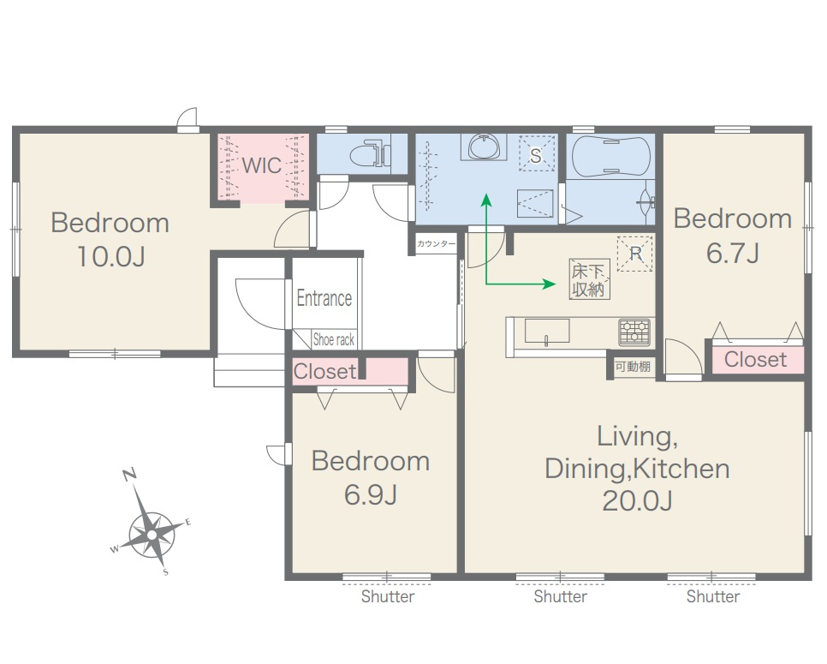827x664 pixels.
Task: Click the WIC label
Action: pos(262,165)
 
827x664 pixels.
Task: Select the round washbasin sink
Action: pos(483,147)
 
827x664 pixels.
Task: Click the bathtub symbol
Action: pos(610,156)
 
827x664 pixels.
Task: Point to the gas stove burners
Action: pos(634,332)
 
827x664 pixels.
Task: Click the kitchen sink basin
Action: pos(547,331)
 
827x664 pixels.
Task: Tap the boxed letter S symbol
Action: pos(537,153)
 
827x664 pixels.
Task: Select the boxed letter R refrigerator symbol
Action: pos(635,254)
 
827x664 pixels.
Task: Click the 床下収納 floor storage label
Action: pos(589,280)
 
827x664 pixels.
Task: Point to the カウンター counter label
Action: pos(436,244)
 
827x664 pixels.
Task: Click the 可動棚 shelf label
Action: pos(633,367)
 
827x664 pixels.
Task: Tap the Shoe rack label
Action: pos(333,339)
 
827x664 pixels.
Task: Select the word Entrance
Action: pos(324,298)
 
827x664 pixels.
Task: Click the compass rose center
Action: pos(152,535)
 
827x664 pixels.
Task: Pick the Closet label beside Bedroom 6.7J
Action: pos(755,360)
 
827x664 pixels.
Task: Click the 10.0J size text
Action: pos(110,257)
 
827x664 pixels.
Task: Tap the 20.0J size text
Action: pos(637,501)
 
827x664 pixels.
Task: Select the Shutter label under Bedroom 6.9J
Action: pos(388,597)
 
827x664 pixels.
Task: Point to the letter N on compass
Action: pos(129,474)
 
